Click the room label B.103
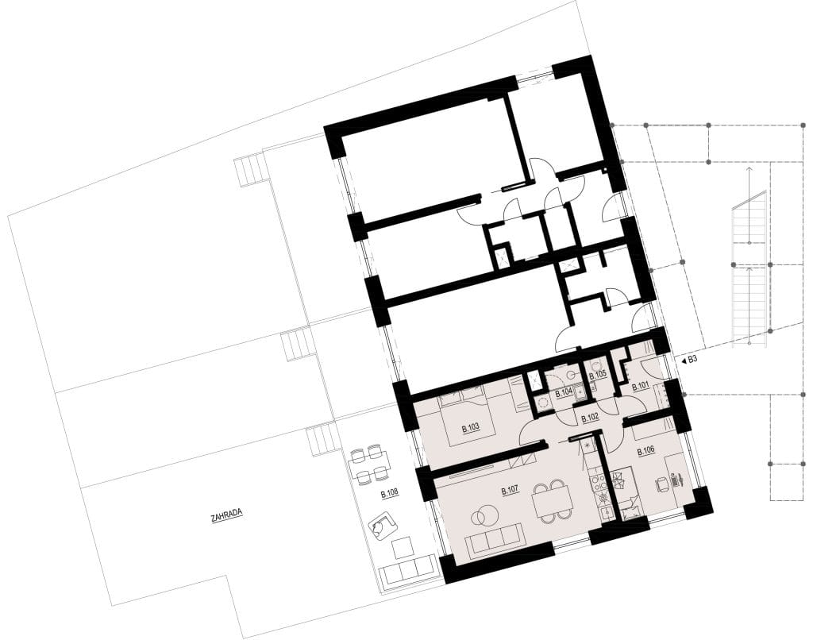(x=470, y=429)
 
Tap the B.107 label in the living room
(x=511, y=490)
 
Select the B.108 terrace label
(x=389, y=494)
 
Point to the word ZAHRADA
(x=226, y=516)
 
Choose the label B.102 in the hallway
(x=590, y=418)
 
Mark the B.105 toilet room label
(x=598, y=374)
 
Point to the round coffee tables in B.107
(x=484, y=515)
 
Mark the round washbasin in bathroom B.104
(x=572, y=373)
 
